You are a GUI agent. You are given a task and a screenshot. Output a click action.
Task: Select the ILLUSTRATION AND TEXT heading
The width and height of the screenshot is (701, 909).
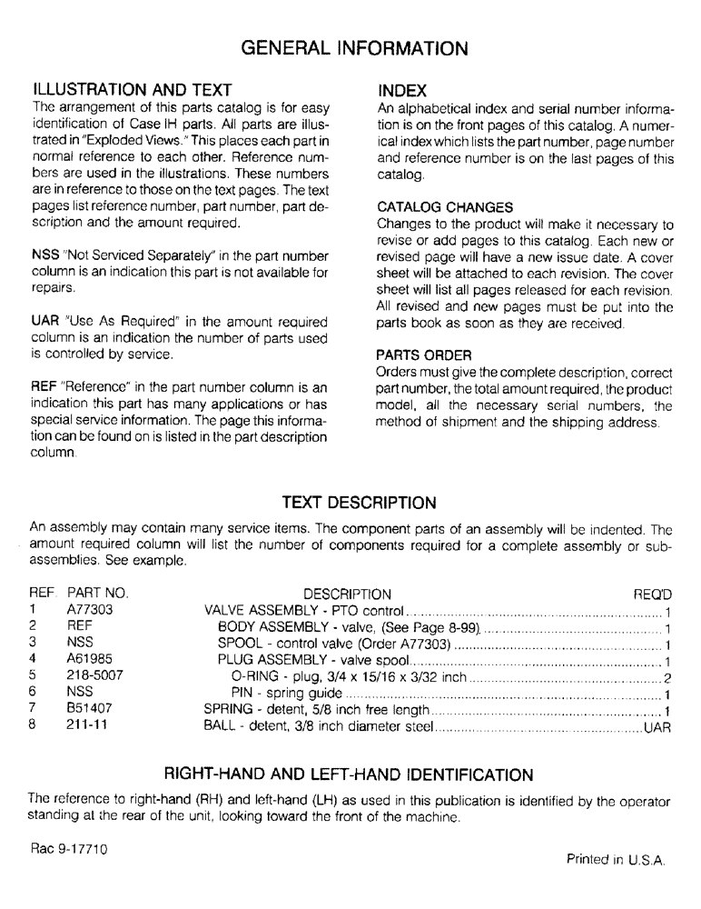133,91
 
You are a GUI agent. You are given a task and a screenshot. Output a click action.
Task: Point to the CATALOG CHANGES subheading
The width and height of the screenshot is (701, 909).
445,207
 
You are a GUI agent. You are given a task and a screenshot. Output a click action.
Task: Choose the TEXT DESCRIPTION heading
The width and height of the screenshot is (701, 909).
359,503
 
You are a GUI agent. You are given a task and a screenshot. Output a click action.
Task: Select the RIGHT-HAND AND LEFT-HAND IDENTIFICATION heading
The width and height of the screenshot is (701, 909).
348,774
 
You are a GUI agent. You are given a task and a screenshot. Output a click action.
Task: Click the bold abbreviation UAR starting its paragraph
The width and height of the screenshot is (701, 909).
43,321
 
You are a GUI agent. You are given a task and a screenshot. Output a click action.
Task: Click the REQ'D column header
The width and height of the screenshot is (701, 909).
651,594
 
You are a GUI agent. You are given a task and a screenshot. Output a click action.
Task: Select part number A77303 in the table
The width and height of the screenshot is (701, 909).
90,611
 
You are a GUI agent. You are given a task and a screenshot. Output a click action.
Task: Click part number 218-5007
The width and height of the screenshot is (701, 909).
94,675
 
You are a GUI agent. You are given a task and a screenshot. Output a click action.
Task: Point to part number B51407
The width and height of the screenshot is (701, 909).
90,708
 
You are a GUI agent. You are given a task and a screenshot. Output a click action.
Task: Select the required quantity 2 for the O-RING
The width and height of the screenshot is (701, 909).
666,676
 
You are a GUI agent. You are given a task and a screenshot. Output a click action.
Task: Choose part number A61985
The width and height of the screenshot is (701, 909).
90,659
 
